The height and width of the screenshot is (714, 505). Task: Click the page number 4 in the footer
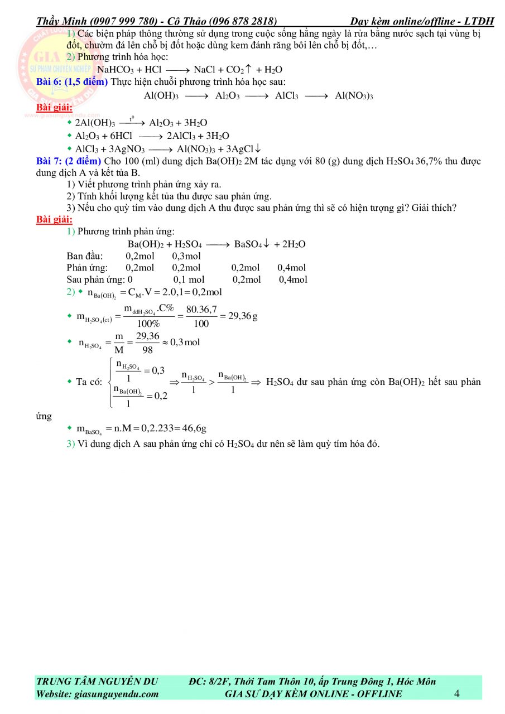click(457, 694)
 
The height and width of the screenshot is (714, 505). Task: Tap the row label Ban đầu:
click(84, 256)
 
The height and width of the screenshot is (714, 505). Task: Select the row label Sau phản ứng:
click(96, 279)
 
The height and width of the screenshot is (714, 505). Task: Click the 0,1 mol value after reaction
click(189, 279)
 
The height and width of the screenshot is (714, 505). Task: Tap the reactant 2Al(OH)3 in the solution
click(95, 123)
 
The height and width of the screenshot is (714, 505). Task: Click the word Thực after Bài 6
click(121, 82)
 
